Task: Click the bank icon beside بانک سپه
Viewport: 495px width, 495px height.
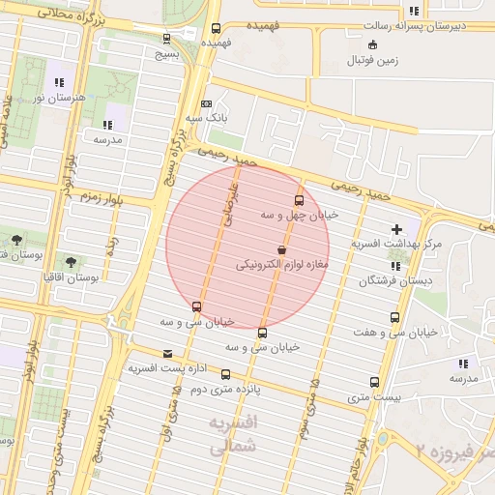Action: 206,104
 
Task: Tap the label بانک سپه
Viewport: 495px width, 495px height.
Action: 207,118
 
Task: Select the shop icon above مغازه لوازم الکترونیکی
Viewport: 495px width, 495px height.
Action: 281,249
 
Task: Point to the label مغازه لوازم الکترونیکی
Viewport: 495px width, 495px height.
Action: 282,263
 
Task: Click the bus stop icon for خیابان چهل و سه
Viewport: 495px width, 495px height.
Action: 298,201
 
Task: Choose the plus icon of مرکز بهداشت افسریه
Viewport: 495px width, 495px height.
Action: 396,230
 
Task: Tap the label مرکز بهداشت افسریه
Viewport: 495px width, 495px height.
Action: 396,244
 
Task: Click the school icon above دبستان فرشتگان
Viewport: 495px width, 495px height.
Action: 393,267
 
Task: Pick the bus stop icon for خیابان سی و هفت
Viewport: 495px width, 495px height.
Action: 394,318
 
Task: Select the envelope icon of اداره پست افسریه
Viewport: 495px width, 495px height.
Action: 168,354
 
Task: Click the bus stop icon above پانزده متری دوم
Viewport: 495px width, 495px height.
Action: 225,375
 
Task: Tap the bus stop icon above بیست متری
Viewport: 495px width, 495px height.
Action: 374,383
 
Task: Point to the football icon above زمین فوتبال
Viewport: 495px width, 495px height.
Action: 373,45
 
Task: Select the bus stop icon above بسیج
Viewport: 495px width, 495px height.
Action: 167,39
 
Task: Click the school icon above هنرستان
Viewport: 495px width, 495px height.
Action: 60,83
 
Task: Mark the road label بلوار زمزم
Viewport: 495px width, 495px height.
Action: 100,196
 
